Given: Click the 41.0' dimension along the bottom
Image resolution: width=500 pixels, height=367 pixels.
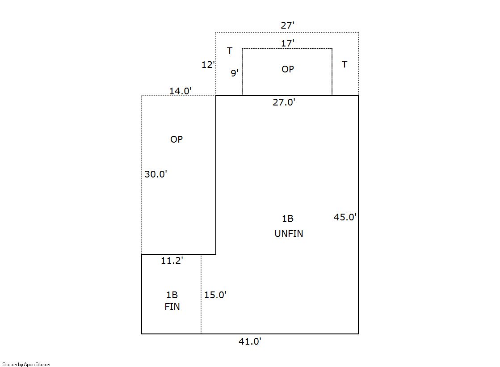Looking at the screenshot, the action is (x=250, y=342).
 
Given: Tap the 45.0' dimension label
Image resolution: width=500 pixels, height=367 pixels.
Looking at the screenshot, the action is (x=345, y=217).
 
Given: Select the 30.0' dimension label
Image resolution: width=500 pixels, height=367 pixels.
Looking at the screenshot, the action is (x=156, y=174).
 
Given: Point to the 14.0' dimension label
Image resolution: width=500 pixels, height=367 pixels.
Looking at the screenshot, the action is (x=181, y=91).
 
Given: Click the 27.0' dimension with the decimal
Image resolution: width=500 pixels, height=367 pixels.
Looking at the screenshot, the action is (x=284, y=102).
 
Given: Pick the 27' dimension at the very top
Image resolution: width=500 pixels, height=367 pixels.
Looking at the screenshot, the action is (x=288, y=25).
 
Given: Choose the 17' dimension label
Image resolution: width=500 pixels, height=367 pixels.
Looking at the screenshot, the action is (x=288, y=43).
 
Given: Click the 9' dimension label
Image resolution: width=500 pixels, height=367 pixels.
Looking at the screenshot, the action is (x=235, y=73).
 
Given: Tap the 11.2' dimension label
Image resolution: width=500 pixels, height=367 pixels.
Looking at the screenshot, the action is (x=172, y=261).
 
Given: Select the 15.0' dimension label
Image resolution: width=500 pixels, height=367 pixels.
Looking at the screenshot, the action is (x=215, y=295).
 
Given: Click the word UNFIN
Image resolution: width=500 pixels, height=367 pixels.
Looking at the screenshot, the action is (x=289, y=234).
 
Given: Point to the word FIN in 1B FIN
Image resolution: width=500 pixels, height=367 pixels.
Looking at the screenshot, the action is (x=172, y=307).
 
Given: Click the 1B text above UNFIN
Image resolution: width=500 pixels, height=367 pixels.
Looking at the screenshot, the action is (x=288, y=219).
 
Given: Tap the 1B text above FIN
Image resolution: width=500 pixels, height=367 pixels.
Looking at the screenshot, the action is (x=172, y=295).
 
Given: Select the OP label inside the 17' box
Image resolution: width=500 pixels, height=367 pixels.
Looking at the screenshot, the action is (x=288, y=69).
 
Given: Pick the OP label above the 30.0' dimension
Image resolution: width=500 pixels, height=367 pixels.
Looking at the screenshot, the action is (x=176, y=139).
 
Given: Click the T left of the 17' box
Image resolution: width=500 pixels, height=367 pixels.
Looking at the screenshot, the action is (x=230, y=51).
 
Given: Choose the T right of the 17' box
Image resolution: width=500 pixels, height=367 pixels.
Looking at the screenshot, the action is (x=345, y=64).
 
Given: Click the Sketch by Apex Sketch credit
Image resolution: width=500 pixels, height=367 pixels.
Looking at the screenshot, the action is (x=26, y=364).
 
